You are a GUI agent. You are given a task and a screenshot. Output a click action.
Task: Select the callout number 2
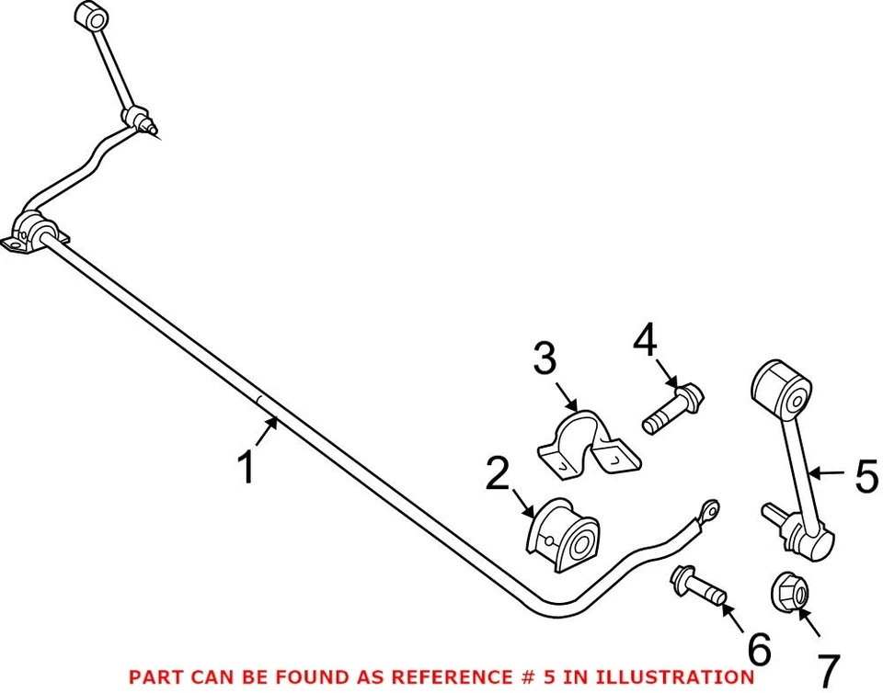[x=498, y=474]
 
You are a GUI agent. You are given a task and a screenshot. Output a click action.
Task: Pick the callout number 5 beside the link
[x=866, y=477]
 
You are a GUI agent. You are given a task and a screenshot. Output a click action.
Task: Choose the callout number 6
[x=760, y=649]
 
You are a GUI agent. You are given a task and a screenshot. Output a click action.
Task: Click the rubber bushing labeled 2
[x=561, y=535]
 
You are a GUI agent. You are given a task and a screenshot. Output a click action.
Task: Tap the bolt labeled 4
[x=673, y=410]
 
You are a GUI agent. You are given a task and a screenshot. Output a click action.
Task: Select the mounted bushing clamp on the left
[x=35, y=232]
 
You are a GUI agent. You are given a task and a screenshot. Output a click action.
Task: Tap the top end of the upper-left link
[x=93, y=17]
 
